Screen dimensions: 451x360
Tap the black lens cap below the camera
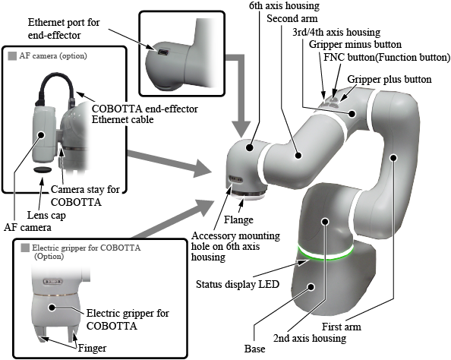tap(43, 169)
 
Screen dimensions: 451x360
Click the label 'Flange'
tap(238, 219)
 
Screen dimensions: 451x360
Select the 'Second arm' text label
tap(292, 19)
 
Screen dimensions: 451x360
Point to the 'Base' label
tap(255, 349)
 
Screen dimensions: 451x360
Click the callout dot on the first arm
tap(393, 158)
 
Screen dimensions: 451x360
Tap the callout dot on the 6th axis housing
tap(250, 148)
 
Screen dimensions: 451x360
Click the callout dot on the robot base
tap(311, 287)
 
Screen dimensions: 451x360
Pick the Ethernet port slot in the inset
tap(162, 52)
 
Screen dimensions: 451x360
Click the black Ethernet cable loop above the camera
tap(56, 87)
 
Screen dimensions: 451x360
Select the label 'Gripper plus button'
tap(389, 80)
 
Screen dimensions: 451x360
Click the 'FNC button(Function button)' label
tap(387, 57)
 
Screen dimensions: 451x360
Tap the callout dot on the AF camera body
tap(41, 134)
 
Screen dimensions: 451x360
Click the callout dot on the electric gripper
tap(52, 308)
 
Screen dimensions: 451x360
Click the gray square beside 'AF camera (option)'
tap(13, 56)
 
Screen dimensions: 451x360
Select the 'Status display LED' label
tap(238, 284)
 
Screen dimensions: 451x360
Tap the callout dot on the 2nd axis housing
tap(325, 222)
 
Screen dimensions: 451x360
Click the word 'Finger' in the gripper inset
tap(92, 348)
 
